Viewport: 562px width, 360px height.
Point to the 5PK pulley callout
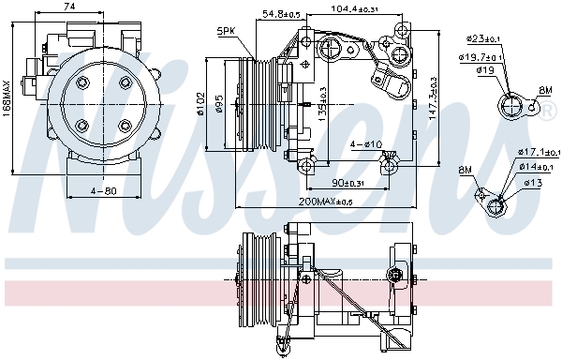226,30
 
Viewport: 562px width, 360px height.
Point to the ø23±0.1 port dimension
488,38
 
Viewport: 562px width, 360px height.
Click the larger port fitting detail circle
512,109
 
